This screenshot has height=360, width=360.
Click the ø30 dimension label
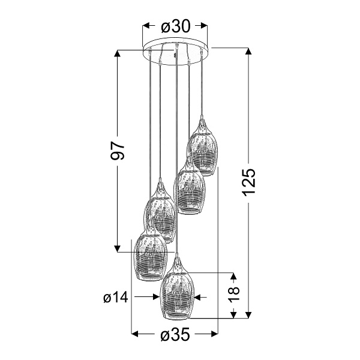(x=175, y=26)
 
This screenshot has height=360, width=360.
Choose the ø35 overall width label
(x=175, y=335)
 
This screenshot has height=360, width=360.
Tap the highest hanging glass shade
(x=202, y=150)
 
